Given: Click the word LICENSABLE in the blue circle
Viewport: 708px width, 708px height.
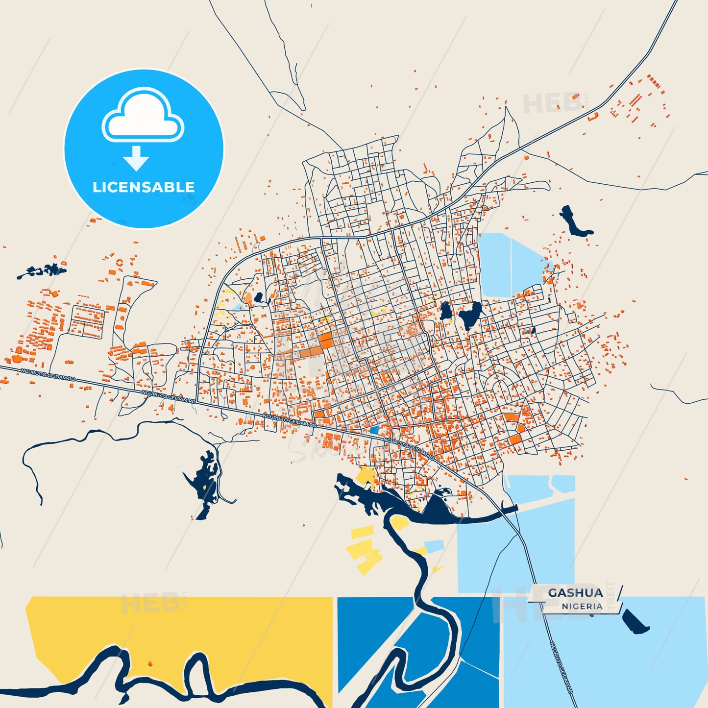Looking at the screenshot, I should (144, 187).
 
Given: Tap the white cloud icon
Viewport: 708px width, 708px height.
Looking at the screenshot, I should (143, 117).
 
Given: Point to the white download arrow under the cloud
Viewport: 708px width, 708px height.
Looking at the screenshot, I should (136, 158).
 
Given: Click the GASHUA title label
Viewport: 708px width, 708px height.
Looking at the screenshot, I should (575, 593).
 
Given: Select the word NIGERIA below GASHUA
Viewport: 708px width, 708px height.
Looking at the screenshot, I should (582, 607).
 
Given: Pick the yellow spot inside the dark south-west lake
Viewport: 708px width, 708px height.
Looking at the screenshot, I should (204, 487).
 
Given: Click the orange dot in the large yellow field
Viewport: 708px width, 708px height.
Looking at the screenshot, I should (150, 664).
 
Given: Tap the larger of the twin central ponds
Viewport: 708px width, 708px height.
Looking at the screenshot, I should (470, 315).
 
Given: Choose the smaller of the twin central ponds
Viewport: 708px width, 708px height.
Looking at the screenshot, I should (445, 311).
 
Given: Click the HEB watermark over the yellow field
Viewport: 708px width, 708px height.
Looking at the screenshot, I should (151, 603).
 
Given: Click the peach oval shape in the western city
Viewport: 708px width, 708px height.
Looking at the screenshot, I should (248, 298).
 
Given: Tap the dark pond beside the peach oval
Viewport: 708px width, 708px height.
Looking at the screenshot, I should (258, 297).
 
